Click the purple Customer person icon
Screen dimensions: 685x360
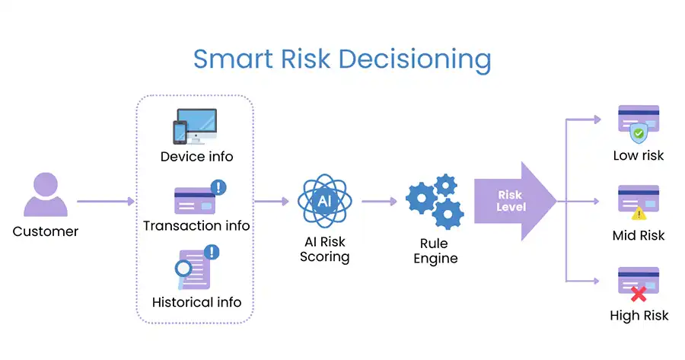(x=46, y=194)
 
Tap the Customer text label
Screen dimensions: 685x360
(x=46, y=231)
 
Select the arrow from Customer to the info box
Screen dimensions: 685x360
(x=106, y=202)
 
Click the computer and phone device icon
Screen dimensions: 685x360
(x=195, y=126)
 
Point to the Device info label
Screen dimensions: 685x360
(x=196, y=157)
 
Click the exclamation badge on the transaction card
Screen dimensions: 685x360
(x=218, y=187)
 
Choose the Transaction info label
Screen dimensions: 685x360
(x=196, y=225)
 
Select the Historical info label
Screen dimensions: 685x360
(x=196, y=302)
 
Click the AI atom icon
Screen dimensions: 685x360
(x=324, y=201)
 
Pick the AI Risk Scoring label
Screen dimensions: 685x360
(x=324, y=249)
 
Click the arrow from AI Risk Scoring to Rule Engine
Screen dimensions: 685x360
(x=379, y=202)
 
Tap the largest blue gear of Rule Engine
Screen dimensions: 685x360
(x=421, y=199)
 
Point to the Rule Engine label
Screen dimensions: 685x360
(x=435, y=250)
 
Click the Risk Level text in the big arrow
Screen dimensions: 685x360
(x=511, y=201)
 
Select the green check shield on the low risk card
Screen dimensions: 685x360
(x=639, y=133)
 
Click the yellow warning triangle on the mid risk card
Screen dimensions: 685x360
(x=639, y=214)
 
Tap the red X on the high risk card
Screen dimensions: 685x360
(x=639, y=294)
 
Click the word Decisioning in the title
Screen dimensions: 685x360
(x=415, y=59)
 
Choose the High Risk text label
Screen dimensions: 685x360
(x=639, y=315)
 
